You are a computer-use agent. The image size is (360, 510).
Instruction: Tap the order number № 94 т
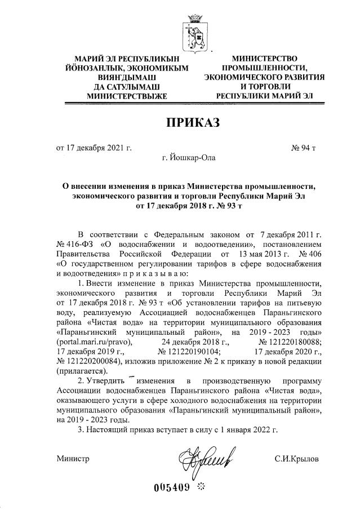[303, 148]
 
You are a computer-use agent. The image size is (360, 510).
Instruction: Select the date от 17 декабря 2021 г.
[94, 148]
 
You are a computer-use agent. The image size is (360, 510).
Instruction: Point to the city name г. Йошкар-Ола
[188, 158]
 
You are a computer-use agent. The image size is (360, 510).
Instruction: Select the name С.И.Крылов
[296, 459]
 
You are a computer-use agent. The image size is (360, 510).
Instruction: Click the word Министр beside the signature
[73, 459]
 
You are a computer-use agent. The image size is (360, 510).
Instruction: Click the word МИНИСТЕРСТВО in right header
[265, 59]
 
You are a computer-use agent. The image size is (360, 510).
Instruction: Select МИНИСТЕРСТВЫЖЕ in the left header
[127, 96]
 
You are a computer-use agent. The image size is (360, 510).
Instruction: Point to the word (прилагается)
[81, 371]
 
